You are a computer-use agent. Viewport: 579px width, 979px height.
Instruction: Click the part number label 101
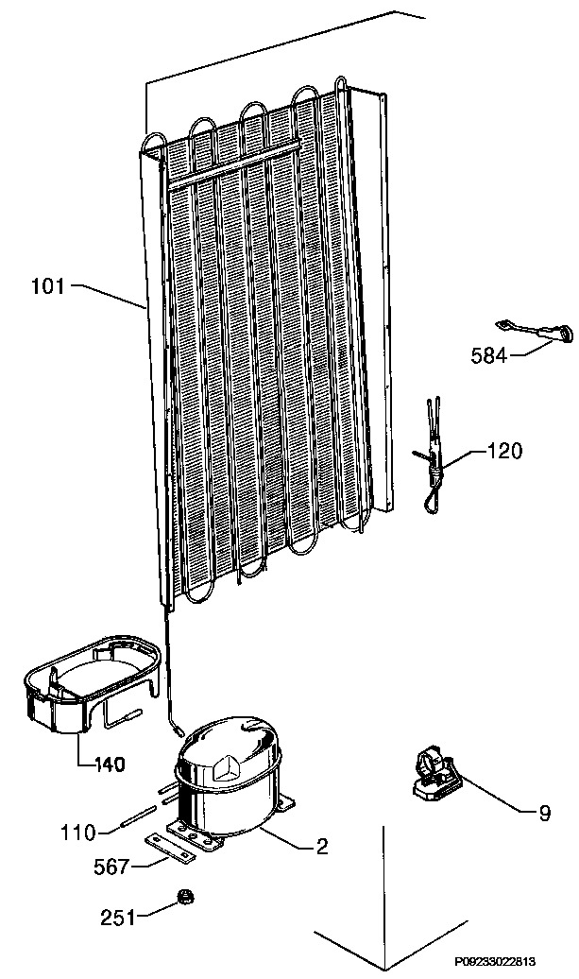tap(47, 287)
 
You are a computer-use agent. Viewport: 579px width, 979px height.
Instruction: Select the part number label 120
tap(504, 450)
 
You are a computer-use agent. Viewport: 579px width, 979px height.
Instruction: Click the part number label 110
tap(78, 833)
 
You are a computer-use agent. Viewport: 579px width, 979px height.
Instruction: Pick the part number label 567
tap(112, 867)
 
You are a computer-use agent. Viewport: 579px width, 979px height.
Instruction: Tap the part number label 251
tap(118, 918)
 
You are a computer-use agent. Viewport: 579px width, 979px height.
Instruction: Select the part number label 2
tap(322, 847)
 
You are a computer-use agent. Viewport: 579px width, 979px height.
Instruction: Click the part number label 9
tap(545, 814)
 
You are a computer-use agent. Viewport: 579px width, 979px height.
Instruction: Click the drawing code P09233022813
tap(494, 962)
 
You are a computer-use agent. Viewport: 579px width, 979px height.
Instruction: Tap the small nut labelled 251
tap(185, 897)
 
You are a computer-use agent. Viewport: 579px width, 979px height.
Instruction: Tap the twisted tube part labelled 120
tap(431, 455)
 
